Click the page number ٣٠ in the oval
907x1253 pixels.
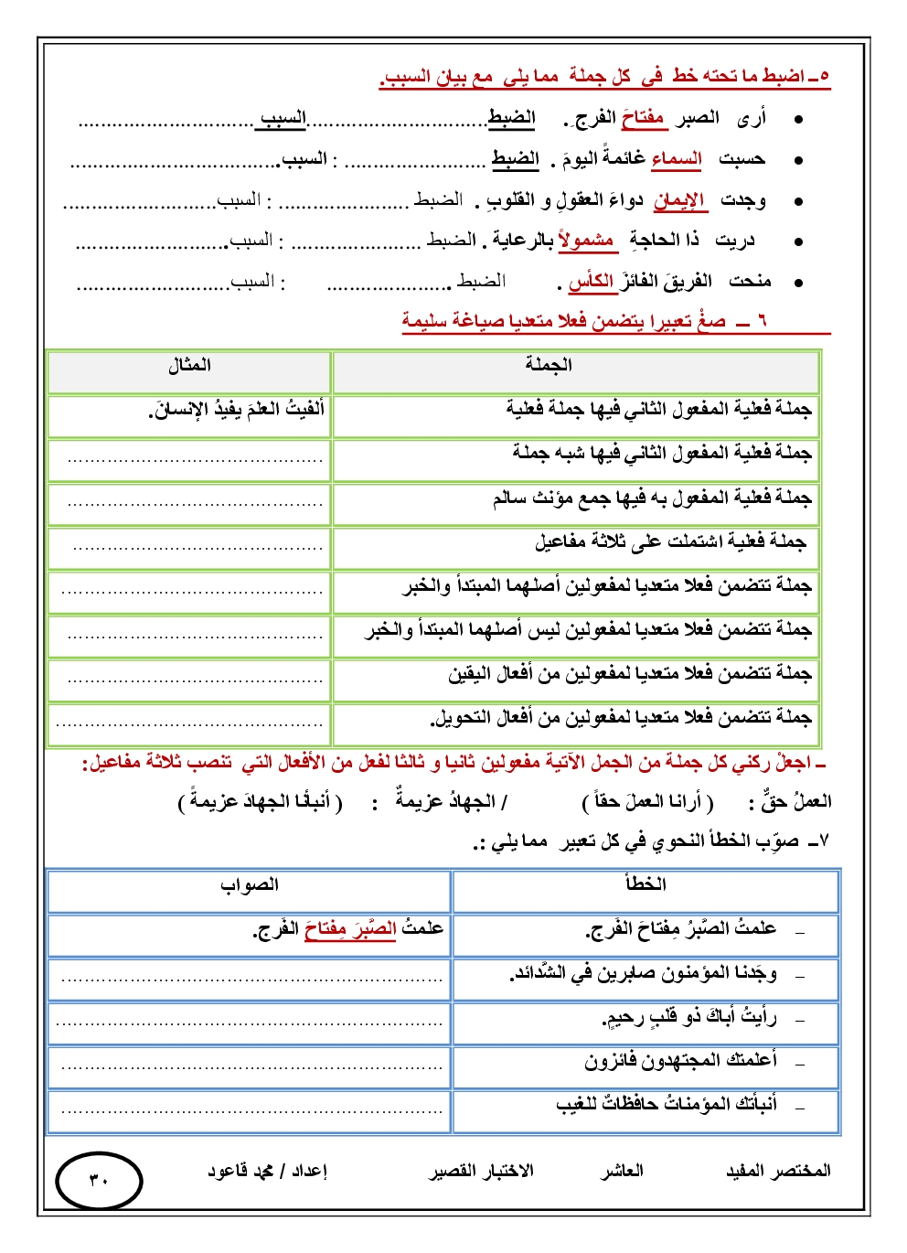click(x=99, y=1180)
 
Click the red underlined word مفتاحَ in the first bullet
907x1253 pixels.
click(x=644, y=119)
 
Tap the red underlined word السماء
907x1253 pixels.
click(x=677, y=159)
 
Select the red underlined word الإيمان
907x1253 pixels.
click(x=679, y=200)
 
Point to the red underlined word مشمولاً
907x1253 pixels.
click(x=586, y=241)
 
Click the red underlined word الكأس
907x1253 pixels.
click(x=592, y=282)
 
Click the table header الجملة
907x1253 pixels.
click(x=549, y=365)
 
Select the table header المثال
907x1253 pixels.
click(x=189, y=365)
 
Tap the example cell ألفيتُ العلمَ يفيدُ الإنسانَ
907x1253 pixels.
click(x=237, y=410)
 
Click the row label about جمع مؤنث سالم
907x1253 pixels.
click(x=652, y=498)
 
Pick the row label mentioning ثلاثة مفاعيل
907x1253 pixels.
click(x=670, y=542)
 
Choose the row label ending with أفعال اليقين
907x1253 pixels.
click(x=630, y=674)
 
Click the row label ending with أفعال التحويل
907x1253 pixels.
click(x=622, y=718)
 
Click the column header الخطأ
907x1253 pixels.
click(x=645, y=884)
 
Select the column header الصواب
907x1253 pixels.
click(x=249, y=884)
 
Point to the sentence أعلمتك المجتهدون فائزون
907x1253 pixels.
click(x=681, y=1061)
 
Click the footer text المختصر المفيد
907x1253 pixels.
click(x=778, y=1171)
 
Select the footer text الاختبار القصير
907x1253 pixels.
click(x=482, y=1171)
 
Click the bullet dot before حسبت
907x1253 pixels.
click(x=798, y=160)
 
